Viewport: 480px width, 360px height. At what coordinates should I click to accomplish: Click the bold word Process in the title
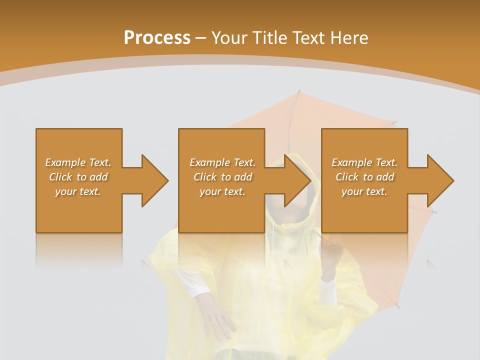pyautogui.click(x=157, y=38)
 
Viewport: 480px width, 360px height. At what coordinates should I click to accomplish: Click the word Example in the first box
pyautogui.click(x=65, y=162)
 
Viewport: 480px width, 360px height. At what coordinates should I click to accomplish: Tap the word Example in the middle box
pyautogui.click(x=209, y=162)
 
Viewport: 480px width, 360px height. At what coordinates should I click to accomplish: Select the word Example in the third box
pyautogui.click(x=351, y=162)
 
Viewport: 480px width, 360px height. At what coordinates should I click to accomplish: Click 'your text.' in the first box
pyautogui.click(x=78, y=191)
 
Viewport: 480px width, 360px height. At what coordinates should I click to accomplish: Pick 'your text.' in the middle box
pyautogui.click(x=222, y=191)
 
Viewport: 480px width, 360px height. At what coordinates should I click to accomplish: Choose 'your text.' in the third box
pyautogui.click(x=364, y=191)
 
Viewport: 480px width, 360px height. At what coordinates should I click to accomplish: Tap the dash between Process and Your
pyautogui.click(x=201, y=38)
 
